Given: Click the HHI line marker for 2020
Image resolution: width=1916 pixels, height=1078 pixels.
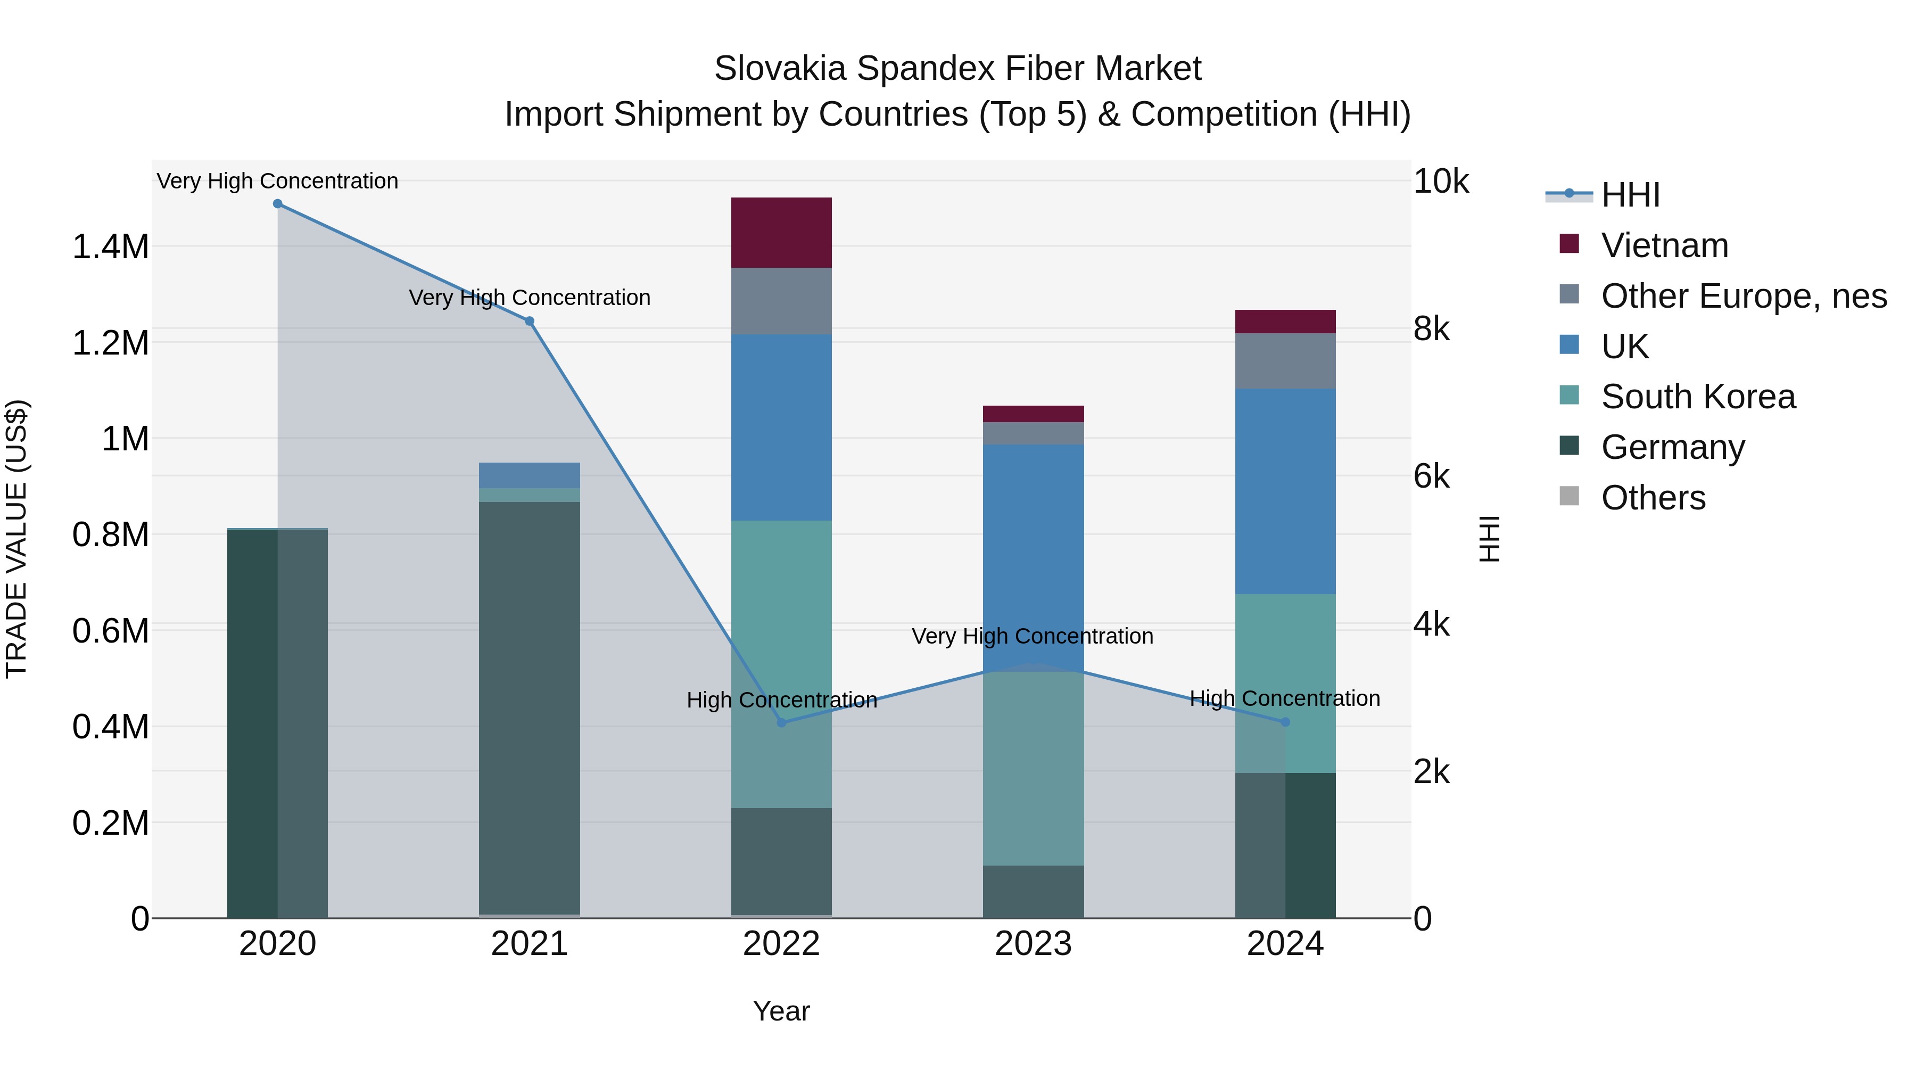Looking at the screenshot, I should [277, 203].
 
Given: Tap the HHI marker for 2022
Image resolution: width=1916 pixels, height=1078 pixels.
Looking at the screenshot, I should [781, 723].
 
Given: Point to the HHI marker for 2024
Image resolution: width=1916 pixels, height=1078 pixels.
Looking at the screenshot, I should [1285, 722].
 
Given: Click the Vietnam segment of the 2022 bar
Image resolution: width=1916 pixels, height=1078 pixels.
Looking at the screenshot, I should [781, 232].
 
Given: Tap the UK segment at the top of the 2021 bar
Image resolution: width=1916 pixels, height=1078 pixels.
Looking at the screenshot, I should [530, 475].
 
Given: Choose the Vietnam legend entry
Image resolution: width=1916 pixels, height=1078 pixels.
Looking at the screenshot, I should [1665, 245].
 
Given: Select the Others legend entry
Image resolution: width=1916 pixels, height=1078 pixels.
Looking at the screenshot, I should [1653, 498].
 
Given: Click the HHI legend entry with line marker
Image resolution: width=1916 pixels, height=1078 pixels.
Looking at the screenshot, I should [1629, 195].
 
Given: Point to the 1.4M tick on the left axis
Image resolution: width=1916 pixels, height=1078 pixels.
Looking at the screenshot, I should [110, 246].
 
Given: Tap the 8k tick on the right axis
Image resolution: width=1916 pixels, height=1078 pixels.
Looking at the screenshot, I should [1431, 329].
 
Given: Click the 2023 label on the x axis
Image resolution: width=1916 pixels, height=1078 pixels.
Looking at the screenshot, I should [1033, 944].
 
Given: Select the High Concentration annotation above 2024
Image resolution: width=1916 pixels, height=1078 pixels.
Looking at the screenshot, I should [1285, 698].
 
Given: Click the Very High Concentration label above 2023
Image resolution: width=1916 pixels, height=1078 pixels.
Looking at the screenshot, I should [1033, 636].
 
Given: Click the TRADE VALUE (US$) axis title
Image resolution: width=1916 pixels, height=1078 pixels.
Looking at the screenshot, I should [16, 539].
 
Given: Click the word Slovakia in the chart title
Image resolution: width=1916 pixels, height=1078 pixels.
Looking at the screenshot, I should [780, 69].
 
